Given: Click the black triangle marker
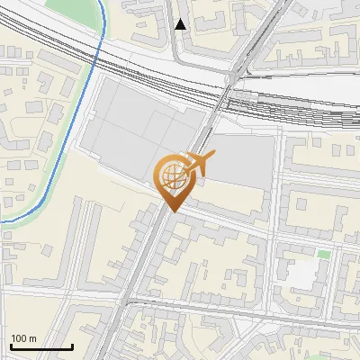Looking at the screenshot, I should click(182, 24).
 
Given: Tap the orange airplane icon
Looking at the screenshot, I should click(199, 163).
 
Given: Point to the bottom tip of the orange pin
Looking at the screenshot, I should click(171, 211).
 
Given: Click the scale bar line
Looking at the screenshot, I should click(41, 346).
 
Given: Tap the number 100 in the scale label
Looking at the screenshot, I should click(20, 338).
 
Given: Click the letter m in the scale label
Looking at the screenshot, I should click(32, 338).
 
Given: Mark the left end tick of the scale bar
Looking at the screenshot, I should click(11, 345).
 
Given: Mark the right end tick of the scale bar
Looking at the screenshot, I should click(72, 345).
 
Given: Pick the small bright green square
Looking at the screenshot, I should click(323, 255).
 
